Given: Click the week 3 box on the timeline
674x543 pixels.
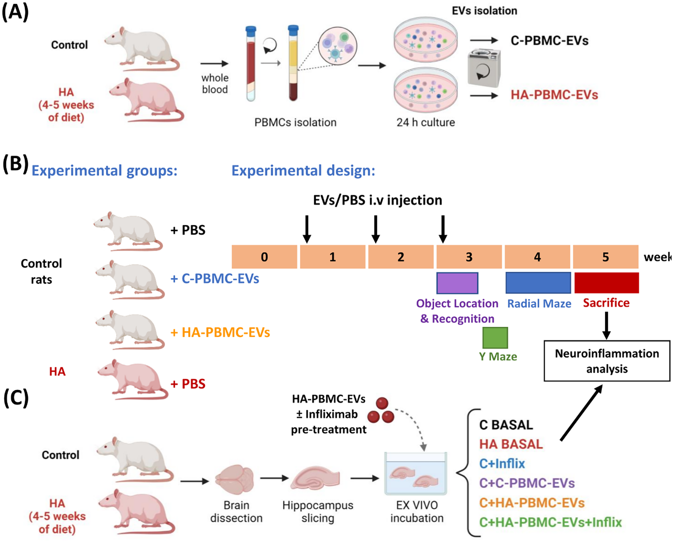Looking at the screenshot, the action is [469, 257].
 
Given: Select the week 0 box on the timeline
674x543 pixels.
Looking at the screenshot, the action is [264, 257].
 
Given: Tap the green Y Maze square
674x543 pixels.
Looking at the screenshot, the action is [495, 338].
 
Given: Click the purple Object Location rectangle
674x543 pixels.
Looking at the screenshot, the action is [457, 283].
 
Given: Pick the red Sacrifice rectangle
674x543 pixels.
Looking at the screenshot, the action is [606, 283].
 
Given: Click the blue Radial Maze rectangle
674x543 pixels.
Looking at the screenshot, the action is [538, 283].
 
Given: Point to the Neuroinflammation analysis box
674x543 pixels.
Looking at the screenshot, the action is [607, 361].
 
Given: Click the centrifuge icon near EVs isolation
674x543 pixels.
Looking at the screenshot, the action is [483, 68].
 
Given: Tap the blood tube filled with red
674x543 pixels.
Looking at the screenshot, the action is [251, 63].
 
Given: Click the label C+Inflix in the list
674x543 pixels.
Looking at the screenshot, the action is [502, 463].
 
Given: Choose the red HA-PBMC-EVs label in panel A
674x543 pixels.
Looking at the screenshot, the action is [554, 95].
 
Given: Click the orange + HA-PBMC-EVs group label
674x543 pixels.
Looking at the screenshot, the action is [220, 332].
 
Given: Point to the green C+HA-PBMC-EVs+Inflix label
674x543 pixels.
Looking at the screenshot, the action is [550, 522].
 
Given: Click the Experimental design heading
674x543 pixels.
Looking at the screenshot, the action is [303, 170].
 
